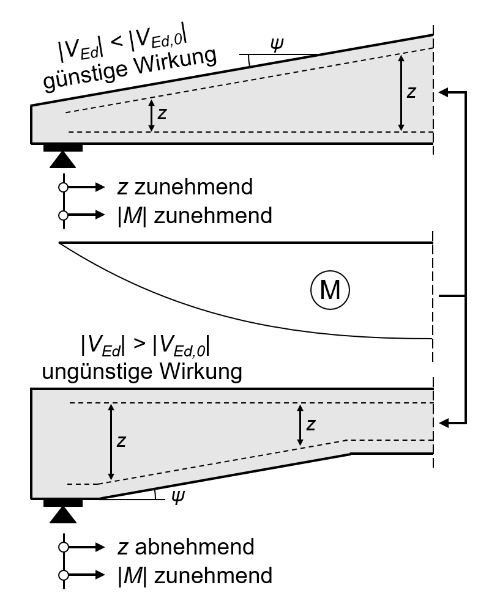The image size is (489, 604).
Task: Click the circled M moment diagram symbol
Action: (330, 291)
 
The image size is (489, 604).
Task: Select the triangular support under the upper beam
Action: (62, 159)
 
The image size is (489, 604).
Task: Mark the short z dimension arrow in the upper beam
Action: (151, 116)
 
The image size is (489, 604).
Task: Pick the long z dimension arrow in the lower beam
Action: (111, 441)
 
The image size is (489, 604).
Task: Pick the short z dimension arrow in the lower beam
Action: (300, 424)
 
